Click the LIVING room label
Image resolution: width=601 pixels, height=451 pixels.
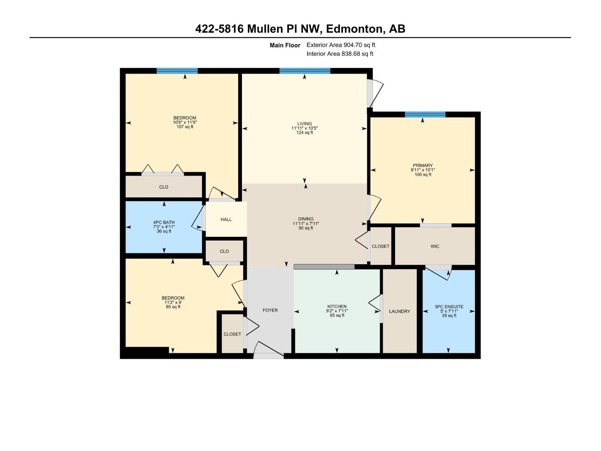coord(304,124)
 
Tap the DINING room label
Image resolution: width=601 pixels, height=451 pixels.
coord(306,219)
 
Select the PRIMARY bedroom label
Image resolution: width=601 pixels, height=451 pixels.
coord(423,165)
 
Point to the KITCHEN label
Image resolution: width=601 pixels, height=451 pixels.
coord(337,306)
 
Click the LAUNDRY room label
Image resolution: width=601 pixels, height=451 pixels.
coord(399,311)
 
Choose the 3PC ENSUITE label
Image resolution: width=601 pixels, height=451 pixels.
coord(449,307)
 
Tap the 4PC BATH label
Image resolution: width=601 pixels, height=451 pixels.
coord(164,222)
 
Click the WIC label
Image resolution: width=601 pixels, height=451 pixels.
coord(435,246)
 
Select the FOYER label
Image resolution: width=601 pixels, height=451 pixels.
coord(270,310)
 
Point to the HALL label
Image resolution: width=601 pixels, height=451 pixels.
coord(226,219)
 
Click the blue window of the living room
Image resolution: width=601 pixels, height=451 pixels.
coord(305,71)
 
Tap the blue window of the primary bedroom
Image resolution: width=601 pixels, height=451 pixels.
coord(425,114)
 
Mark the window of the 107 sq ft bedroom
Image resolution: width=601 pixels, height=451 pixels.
coord(177,71)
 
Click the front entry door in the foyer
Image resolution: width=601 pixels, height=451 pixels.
coord(268,355)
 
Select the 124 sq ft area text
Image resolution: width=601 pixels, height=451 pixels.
coord(304,133)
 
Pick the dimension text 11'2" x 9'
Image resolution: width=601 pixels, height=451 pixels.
coord(173,302)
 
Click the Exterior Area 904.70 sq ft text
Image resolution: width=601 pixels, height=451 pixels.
coord(341,45)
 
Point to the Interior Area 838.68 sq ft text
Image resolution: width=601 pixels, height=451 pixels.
coord(340,54)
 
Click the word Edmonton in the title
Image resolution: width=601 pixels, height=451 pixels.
coord(355,29)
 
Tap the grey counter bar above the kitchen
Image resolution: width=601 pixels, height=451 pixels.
coord(324,266)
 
